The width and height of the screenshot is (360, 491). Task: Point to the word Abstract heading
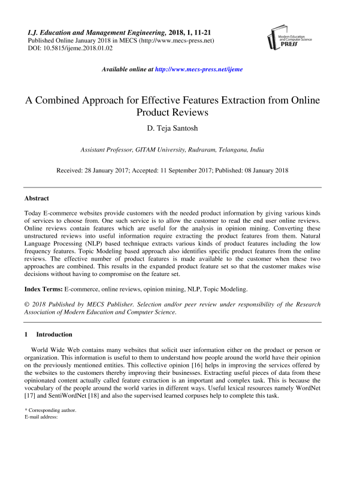(x=37, y=198)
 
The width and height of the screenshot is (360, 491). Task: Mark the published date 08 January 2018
(x=262, y=170)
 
